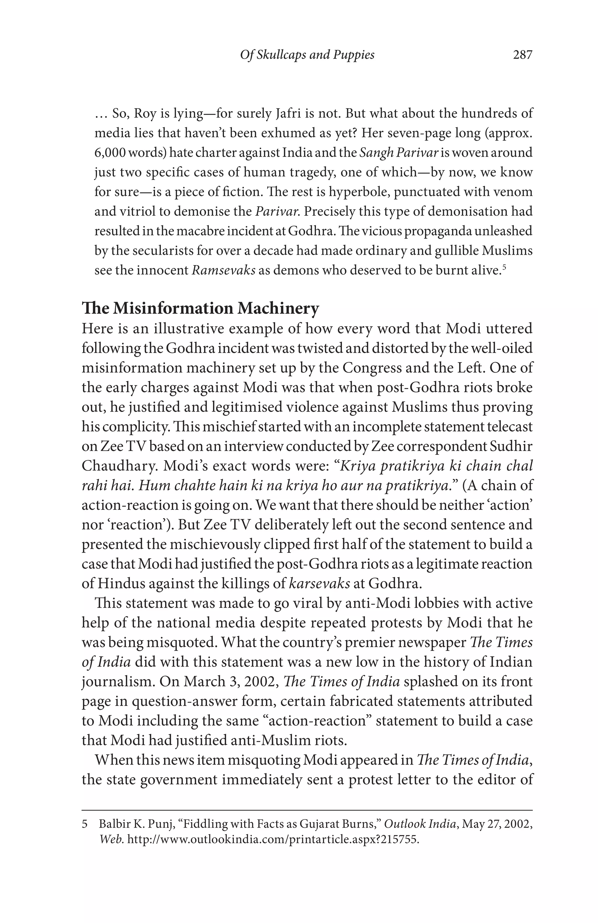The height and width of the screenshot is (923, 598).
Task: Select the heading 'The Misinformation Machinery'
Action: pyautogui.click(x=200, y=308)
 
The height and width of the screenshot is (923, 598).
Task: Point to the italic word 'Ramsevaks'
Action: pyautogui.click(x=224, y=270)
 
